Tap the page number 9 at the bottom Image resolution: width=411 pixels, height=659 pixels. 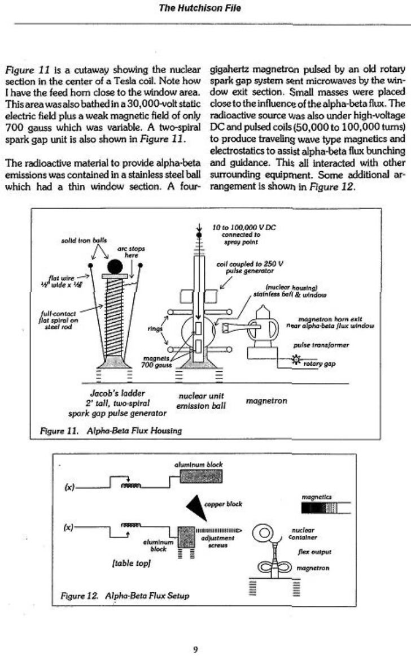point(195,649)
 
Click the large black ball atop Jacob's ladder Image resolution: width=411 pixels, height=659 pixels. point(115,266)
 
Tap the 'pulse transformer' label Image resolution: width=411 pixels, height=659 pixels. point(313,344)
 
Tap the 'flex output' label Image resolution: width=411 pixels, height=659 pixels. point(315,552)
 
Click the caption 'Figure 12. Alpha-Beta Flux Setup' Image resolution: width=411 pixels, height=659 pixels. point(125,596)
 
